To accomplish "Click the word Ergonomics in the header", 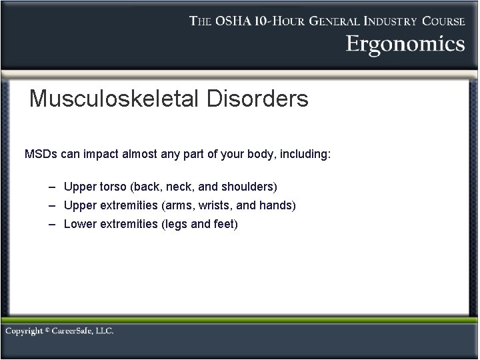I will click(x=405, y=44).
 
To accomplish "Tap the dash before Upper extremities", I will click(x=53, y=205).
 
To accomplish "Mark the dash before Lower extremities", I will click(x=53, y=224).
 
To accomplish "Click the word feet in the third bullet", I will click(x=225, y=224).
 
